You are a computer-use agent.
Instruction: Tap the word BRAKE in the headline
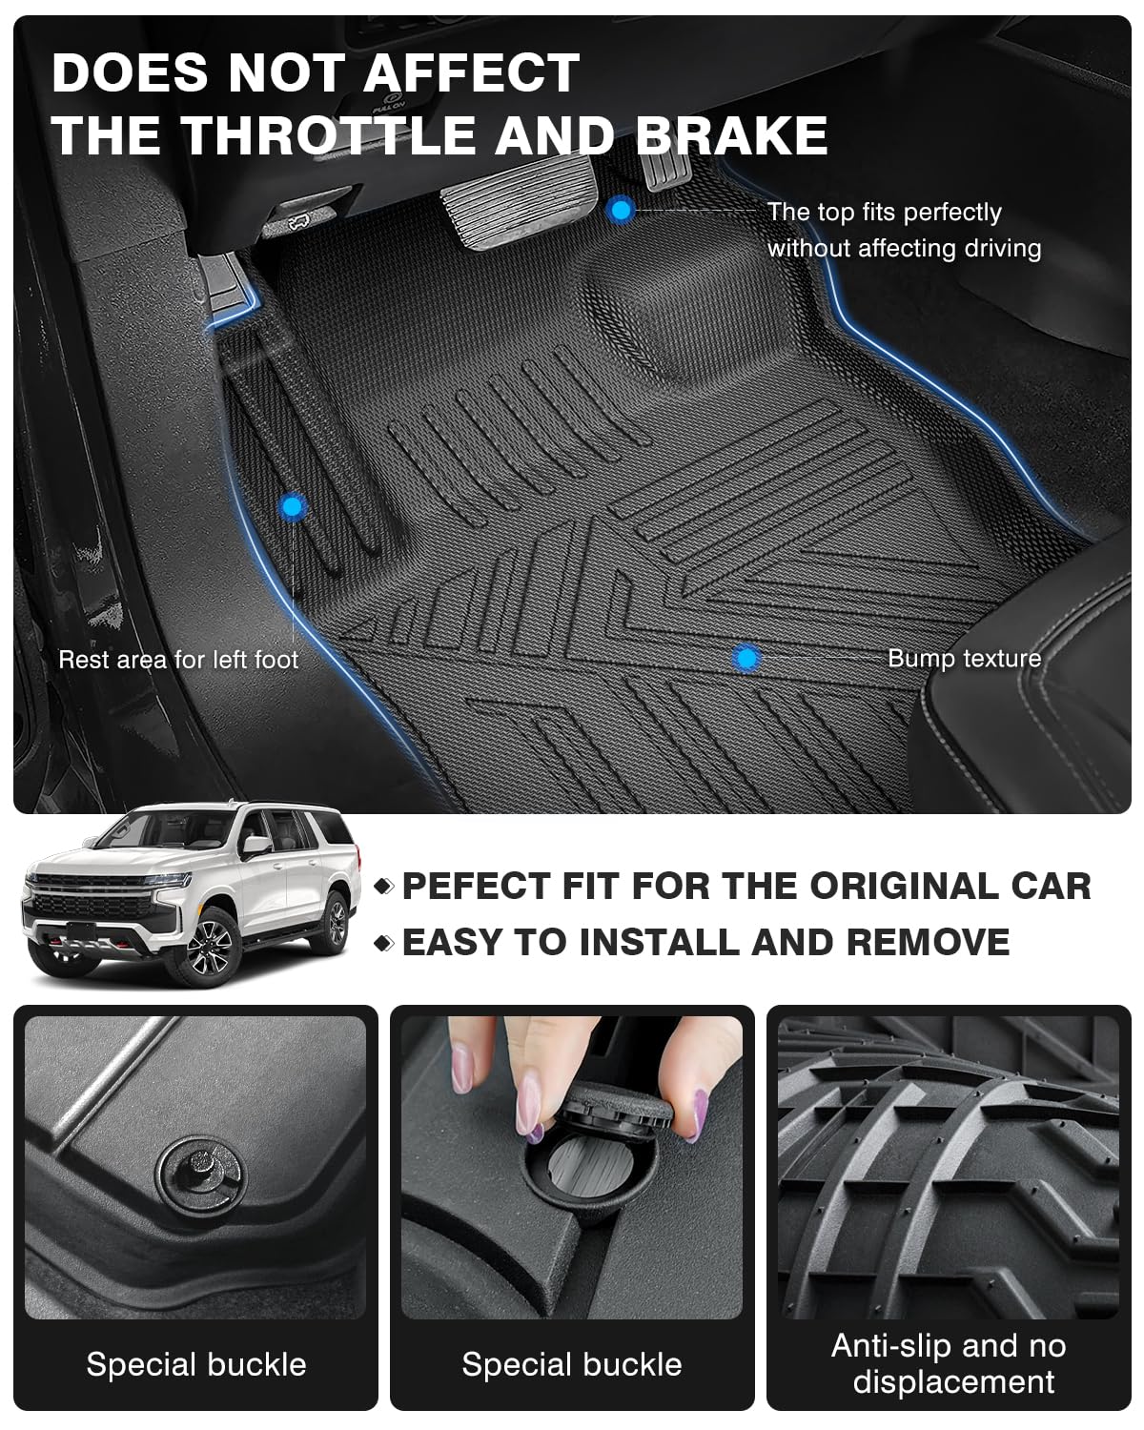731,134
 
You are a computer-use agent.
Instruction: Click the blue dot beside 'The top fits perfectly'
621,211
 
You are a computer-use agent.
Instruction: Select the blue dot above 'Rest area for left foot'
292,506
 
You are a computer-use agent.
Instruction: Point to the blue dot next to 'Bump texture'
746,658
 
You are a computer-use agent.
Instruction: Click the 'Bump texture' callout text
964,659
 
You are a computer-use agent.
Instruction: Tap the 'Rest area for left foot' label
178,660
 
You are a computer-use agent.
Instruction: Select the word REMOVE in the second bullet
928,942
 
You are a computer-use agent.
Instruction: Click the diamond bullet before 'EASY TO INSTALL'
383,943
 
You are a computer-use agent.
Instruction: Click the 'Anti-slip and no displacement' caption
949,1363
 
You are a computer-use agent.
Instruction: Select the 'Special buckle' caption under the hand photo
572,1364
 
